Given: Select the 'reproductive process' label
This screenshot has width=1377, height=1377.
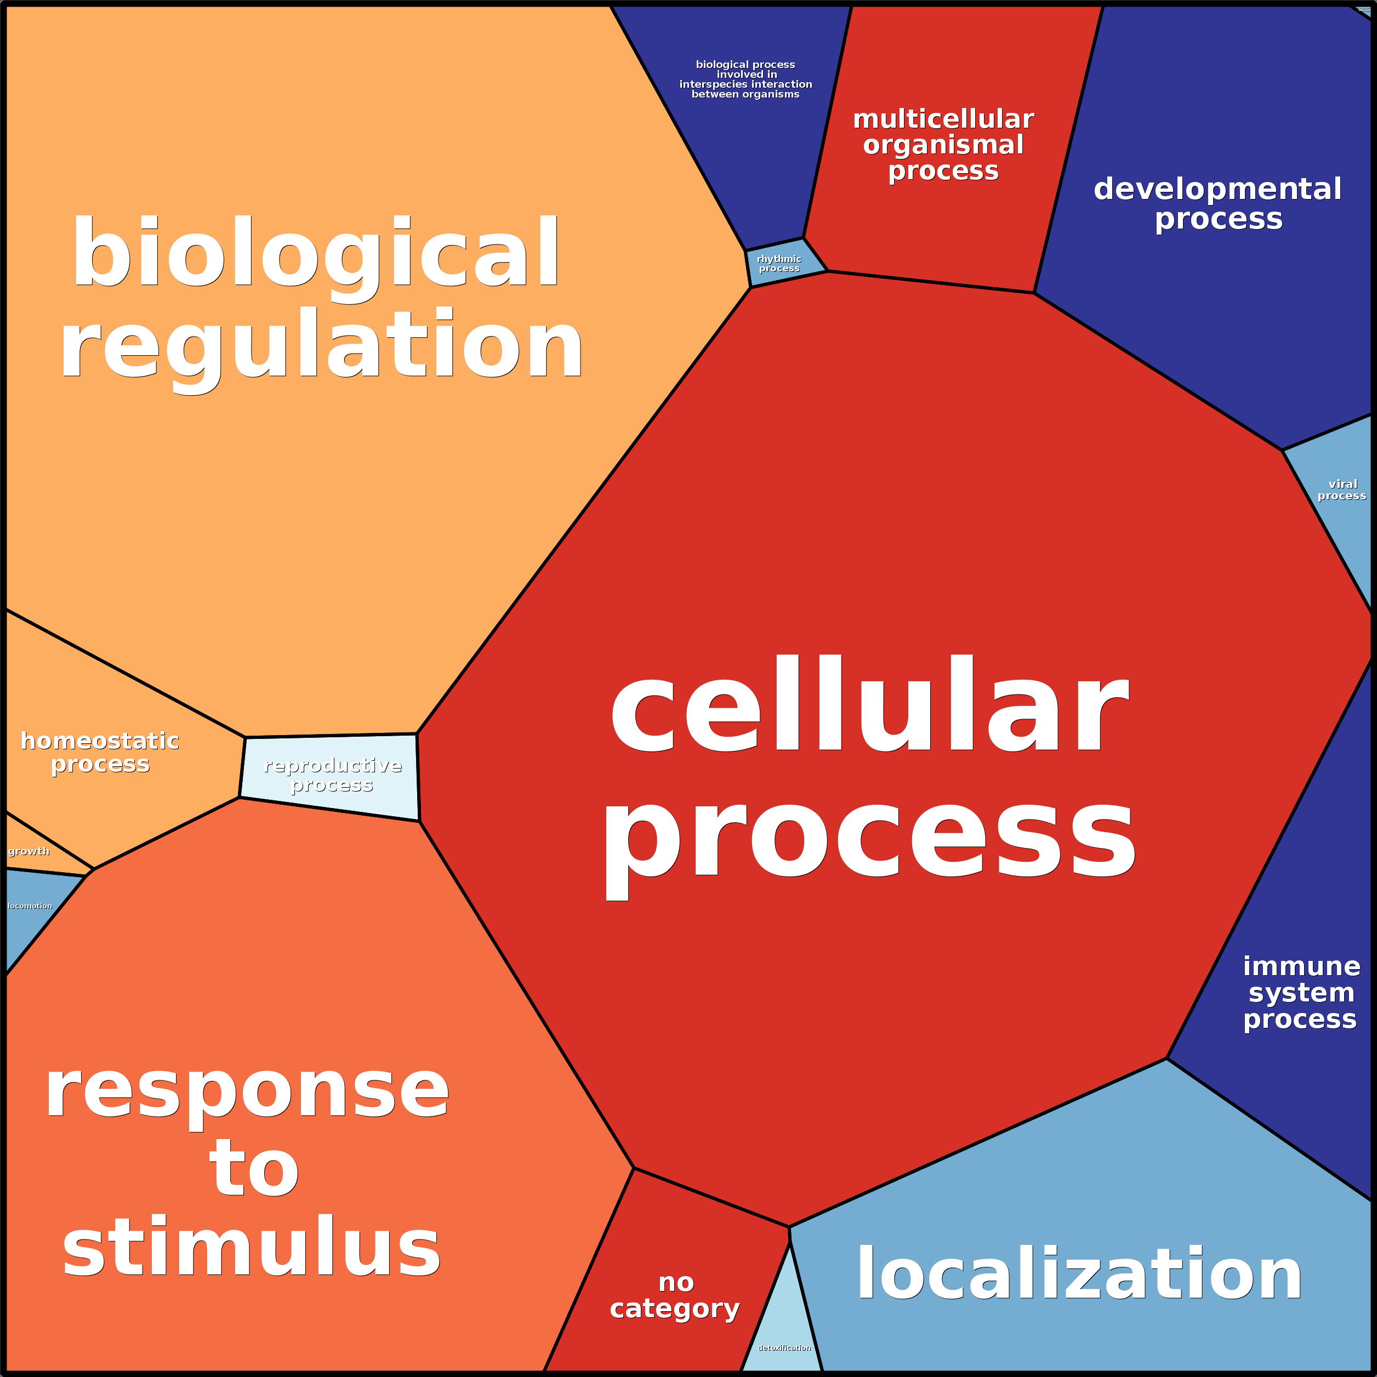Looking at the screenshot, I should [332, 775].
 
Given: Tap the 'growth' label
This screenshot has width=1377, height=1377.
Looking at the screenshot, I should [29, 851].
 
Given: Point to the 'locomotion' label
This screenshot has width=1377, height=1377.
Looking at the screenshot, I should [30, 906].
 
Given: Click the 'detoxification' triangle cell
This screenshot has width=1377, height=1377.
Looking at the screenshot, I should [784, 1347].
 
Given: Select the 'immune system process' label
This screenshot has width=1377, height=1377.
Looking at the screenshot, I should [1301, 992].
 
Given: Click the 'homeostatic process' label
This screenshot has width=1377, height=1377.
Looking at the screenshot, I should [100, 752].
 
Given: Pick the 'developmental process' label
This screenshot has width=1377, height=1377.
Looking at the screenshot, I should [1218, 204].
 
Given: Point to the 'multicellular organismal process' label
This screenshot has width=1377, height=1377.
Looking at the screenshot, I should [943, 145].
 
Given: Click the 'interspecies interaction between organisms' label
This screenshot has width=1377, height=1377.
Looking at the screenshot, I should [746, 79].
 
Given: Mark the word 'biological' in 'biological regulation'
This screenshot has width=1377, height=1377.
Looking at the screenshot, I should [316, 253].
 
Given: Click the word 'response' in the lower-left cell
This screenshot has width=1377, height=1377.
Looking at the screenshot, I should [247, 1090].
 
